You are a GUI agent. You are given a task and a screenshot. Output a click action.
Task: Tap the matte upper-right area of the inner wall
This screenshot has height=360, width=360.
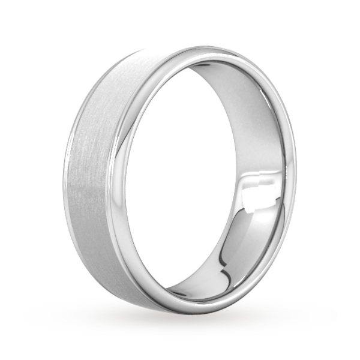pos(252,108)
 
